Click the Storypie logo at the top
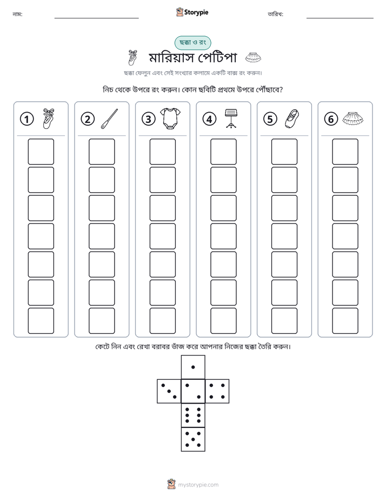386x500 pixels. tap(192, 12)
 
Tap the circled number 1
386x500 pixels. tap(26, 119)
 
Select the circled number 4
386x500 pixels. tap(209, 119)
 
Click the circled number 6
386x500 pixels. tap(331, 119)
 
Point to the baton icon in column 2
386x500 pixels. tap(109, 119)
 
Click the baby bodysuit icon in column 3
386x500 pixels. tap(170, 119)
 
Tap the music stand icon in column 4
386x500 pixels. tap(231, 119)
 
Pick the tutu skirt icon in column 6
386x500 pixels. tap(353, 119)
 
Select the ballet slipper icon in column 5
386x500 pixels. tap(292, 119)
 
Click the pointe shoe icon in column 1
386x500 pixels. tap(49, 119)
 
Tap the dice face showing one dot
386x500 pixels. tap(193, 367)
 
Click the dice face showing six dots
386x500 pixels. tap(193, 415)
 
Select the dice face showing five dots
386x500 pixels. tap(193, 439)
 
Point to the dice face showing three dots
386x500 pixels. tap(169, 391)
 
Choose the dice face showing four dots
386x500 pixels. tap(217, 391)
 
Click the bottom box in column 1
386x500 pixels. tap(41, 321)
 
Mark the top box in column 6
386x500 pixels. tap(345, 152)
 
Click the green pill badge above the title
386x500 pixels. tap(192, 43)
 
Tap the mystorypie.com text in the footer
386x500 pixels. tap(198, 485)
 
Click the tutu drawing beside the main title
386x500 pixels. tap(253, 57)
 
